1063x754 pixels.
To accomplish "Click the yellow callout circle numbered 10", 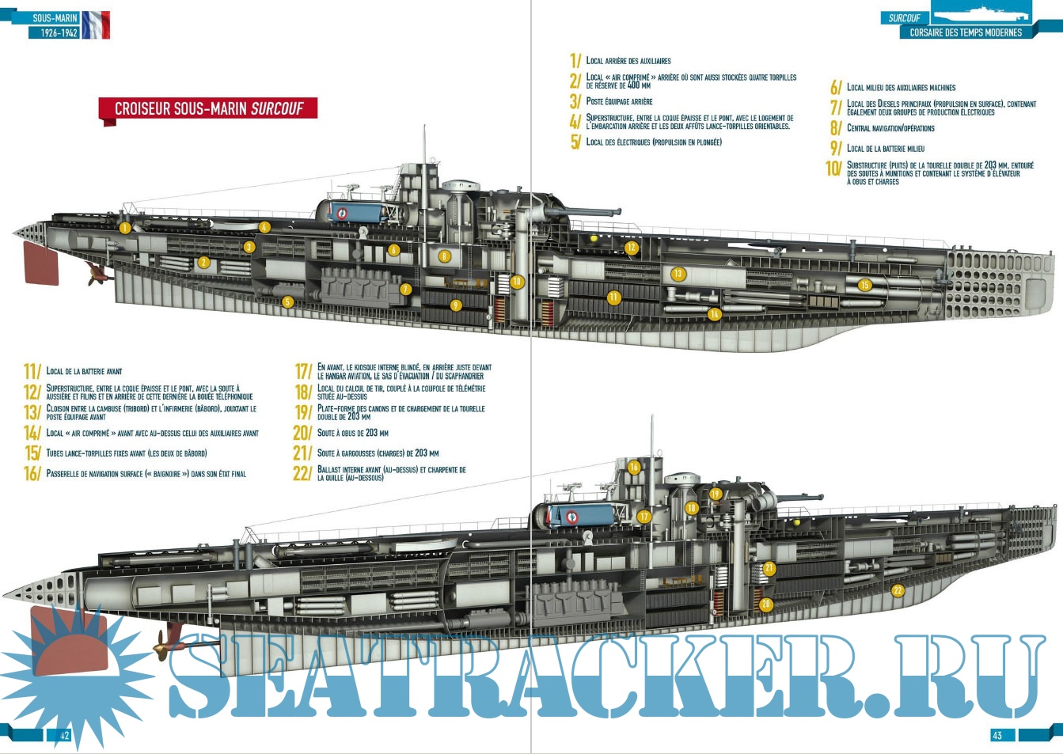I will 517,282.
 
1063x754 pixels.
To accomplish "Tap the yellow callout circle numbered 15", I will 864,286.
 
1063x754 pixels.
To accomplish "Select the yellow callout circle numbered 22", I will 898,590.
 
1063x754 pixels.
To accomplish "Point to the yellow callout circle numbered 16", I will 634,468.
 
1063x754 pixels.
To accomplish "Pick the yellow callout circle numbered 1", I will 124,229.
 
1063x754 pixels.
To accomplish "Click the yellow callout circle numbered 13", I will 678,275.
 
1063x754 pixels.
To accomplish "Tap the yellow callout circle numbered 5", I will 287,301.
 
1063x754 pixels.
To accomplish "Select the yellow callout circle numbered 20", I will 765,604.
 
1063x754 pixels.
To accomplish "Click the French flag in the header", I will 96,25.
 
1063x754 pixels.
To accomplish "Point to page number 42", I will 65,736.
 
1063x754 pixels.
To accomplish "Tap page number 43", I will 997,736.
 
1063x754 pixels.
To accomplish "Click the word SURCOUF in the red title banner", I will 277,109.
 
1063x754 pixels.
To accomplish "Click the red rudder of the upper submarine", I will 40,263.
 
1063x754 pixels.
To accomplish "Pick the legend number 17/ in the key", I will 304,371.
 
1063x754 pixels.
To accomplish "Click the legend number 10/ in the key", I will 833,169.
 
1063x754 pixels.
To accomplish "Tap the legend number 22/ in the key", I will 302,474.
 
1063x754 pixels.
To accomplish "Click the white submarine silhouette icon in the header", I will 980,13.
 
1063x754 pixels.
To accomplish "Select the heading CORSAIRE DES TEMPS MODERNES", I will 966,33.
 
